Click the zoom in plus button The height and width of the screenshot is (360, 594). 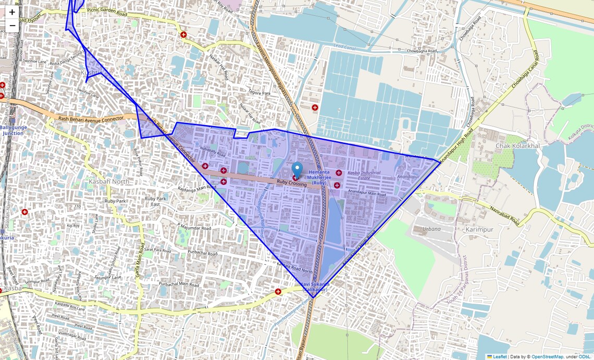tap(12, 12)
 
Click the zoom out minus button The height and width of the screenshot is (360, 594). tap(12, 26)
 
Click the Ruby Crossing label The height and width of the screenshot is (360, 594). tap(291, 183)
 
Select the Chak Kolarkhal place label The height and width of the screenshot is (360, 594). tap(517, 146)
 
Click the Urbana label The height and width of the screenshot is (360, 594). tap(431, 229)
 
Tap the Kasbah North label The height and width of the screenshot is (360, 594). tap(109, 181)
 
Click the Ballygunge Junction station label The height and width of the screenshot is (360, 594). tap(13, 130)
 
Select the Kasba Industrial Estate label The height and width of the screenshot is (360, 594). tap(364, 176)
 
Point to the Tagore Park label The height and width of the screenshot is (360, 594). tap(259, 93)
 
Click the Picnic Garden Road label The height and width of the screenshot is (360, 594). tap(107, 10)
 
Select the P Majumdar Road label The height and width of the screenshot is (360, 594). tap(194, 228)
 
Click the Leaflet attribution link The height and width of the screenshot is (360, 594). tap(500, 356)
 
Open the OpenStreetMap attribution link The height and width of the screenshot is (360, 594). tap(547, 356)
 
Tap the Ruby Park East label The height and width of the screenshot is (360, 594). tap(155, 201)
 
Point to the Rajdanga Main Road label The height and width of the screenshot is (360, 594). tap(196, 189)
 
